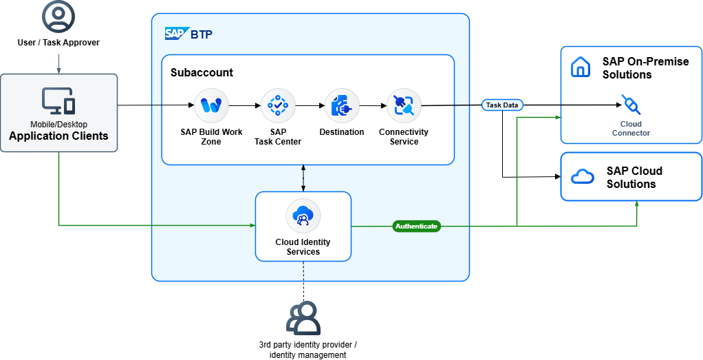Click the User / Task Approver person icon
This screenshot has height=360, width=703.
click(x=58, y=17)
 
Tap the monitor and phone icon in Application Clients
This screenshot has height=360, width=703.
click(x=58, y=101)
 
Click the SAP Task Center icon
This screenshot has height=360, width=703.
click(x=278, y=106)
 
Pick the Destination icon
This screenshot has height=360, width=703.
click(x=342, y=106)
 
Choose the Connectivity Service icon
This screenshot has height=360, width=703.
click(x=404, y=106)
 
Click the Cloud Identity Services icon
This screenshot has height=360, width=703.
click(x=303, y=216)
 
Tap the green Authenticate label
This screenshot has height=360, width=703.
click(x=416, y=226)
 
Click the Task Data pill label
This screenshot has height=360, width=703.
click(x=503, y=105)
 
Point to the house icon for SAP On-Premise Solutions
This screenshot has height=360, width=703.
click(x=581, y=67)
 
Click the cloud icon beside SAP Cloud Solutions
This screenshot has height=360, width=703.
click(x=582, y=177)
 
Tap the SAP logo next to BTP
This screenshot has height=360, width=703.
click(x=175, y=34)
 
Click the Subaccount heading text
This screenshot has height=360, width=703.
click(x=202, y=72)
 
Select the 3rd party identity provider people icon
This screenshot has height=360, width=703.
click(x=303, y=318)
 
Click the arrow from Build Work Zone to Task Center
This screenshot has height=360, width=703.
click(x=244, y=106)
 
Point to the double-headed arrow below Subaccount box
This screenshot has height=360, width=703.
click(x=303, y=178)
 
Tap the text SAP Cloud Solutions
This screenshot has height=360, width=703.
click(x=634, y=178)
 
